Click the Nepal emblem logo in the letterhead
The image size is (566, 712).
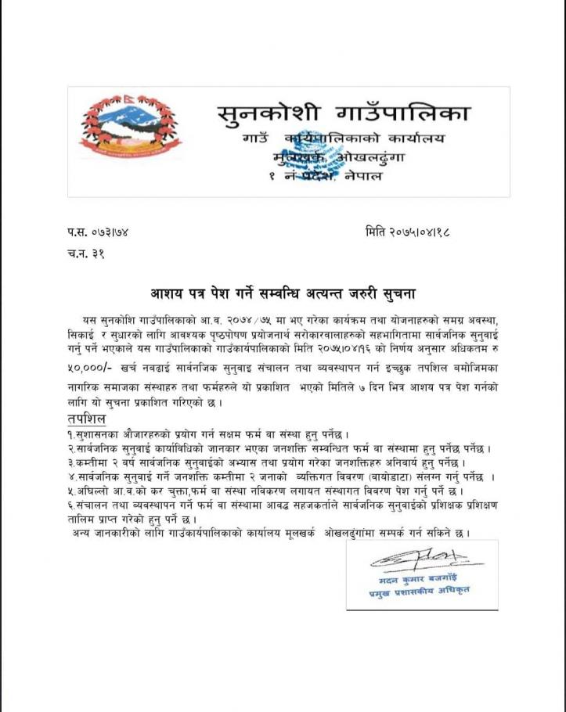131,128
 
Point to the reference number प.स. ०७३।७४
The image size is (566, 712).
97,232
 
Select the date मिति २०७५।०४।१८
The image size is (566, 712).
410,232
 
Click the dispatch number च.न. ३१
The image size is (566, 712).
85,253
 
